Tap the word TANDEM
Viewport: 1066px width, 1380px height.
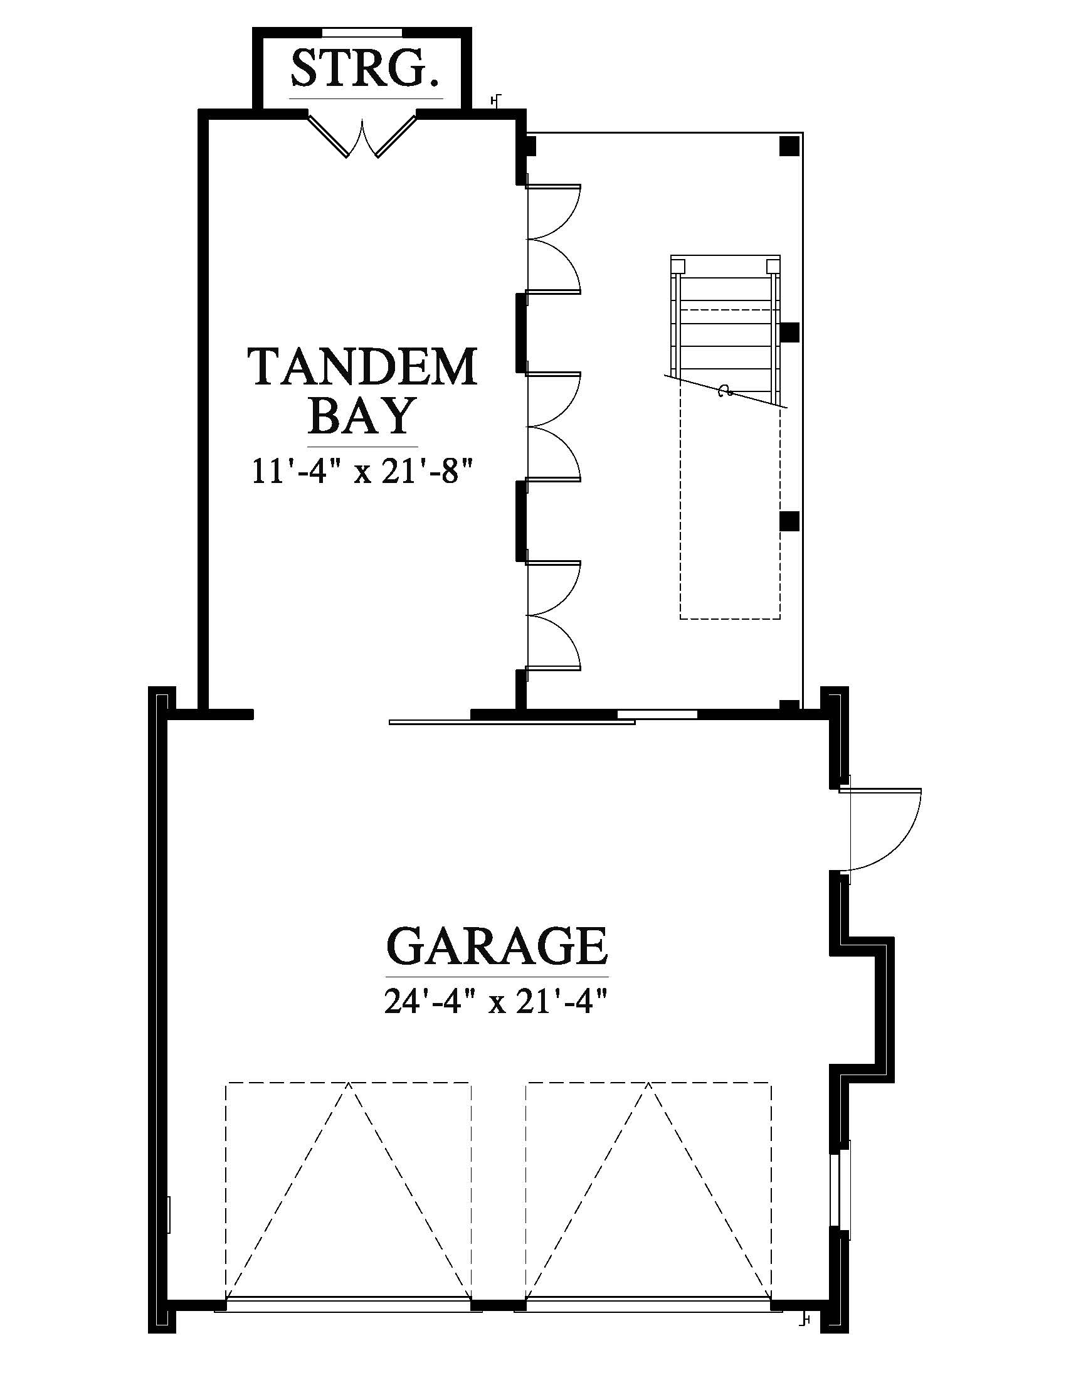click(362, 366)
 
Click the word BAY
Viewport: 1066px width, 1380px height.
click(362, 415)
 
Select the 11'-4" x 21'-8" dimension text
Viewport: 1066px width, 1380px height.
click(362, 470)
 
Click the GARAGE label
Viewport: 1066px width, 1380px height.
click(497, 946)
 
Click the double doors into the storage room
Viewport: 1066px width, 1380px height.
click(362, 135)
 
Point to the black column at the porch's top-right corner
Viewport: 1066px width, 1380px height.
click(789, 146)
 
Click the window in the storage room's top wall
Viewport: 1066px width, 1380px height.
click(362, 31)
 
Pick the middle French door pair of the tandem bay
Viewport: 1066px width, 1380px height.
click(554, 427)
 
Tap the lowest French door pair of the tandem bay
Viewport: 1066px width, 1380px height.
click(554, 615)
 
